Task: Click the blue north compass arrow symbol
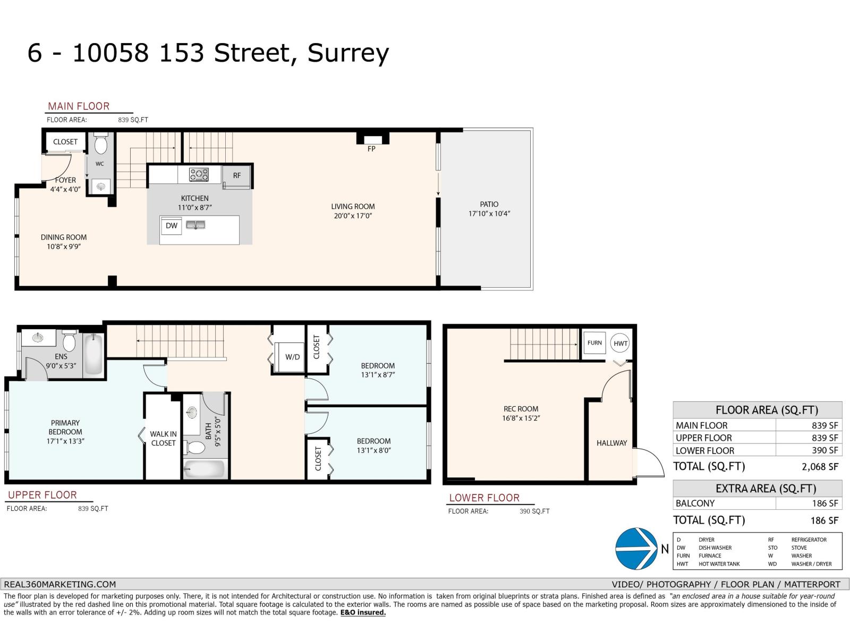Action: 636,548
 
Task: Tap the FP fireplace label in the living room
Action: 371,149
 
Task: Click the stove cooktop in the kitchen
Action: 199,174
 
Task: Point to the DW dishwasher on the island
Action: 171,225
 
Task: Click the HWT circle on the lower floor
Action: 620,343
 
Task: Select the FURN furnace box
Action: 594,343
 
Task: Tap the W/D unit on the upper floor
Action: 290,357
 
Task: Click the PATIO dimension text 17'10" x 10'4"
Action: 489,213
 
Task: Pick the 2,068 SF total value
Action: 820,467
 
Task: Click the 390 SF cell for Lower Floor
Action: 825,450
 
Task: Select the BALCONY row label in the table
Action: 695,503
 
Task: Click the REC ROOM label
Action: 521,409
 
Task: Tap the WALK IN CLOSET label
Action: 163,439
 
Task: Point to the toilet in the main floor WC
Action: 101,144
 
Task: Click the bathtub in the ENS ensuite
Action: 93,354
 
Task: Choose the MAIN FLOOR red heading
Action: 79,106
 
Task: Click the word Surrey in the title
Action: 348,53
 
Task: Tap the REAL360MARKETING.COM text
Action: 60,584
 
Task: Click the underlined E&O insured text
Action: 363,612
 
